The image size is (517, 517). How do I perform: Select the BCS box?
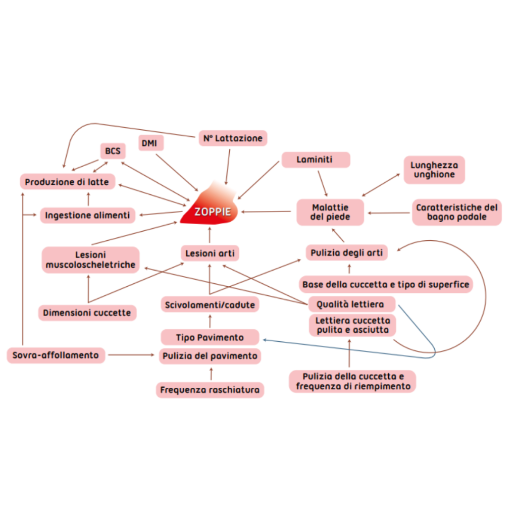(112, 151)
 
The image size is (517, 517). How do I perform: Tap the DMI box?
(149, 143)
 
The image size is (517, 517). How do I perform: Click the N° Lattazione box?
(233, 138)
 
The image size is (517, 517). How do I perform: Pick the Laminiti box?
(315, 160)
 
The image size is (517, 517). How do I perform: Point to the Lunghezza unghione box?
(434, 170)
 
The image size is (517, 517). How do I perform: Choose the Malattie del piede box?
(330, 212)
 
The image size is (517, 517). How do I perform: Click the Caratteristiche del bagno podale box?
(457, 212)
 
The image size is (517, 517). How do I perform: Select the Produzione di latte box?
(67, 182)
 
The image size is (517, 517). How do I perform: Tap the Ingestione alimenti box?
(88, 216)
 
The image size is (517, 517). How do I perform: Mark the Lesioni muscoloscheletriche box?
(90, 260)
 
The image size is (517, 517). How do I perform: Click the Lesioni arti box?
(210, 253)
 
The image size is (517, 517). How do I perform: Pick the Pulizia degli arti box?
(347, 252)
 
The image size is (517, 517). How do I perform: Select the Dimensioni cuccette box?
(87, 313)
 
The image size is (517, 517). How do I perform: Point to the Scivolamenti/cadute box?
(210, 304)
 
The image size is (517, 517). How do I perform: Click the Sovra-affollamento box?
(56, 355)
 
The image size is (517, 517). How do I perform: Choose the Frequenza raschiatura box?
(210, 390)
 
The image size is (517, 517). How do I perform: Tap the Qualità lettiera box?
(350, 304)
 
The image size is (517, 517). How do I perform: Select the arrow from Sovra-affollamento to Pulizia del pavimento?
(131, 355)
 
